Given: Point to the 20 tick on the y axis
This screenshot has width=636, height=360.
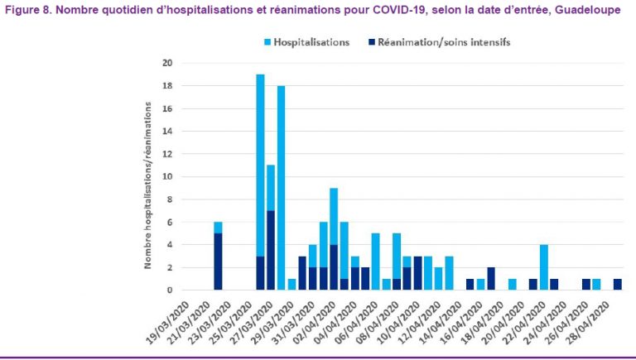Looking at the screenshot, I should coord(168,63).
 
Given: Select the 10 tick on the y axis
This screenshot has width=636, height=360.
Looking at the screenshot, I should coord(168,176).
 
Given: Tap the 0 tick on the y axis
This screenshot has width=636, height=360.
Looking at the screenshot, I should coord(170,290).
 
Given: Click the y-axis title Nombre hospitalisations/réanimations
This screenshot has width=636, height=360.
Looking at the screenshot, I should coord(148,185).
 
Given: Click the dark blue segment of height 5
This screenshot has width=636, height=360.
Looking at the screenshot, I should coord(218,262).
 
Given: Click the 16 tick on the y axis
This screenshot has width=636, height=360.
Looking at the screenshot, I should coord(168,108).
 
